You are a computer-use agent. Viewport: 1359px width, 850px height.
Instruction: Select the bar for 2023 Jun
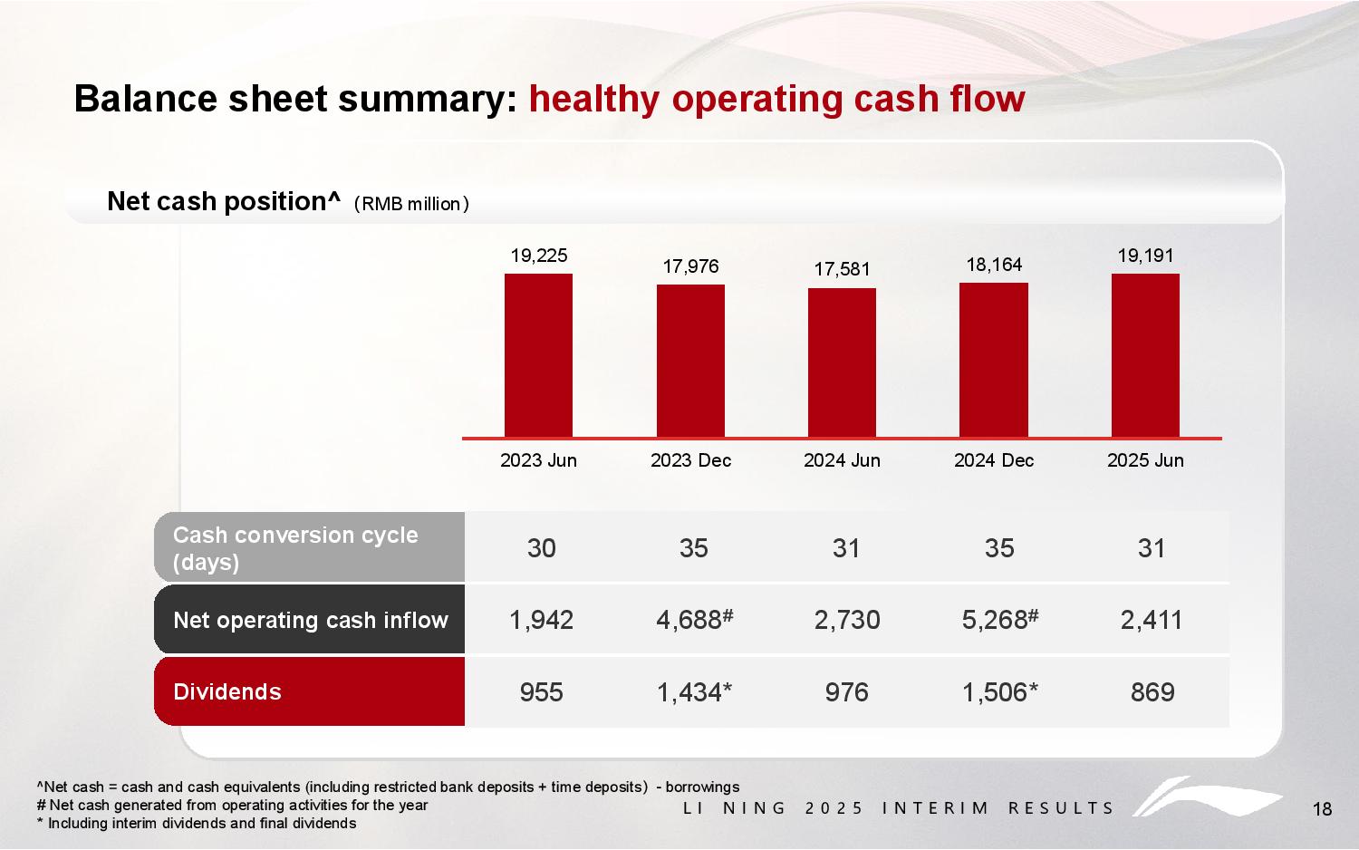click(538, 355)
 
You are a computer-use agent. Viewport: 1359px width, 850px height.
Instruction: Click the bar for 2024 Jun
click(842, 362)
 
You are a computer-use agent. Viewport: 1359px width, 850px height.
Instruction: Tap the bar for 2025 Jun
click(1145, 355)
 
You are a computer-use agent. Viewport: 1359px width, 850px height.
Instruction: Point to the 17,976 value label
click(690, 266)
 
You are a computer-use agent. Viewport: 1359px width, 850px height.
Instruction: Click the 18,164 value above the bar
click(994, 264)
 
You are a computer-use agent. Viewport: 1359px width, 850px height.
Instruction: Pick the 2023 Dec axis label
click(690, 460)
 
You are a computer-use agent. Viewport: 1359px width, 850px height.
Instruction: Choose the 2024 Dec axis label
click(994, 460)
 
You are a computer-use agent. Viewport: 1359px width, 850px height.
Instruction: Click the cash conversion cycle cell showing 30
click(542, 547)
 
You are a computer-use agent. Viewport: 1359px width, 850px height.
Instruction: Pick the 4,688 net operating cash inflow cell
click(693, 620)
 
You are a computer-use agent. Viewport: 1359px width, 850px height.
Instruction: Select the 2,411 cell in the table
click(1152, 620)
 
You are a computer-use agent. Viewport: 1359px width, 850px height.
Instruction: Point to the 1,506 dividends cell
click(999, 692)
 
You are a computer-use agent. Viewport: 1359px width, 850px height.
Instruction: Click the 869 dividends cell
click(1152, 692)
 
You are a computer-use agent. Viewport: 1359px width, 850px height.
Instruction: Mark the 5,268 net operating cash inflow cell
click(999, 620)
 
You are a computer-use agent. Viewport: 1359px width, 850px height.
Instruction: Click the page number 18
click(1322, 809)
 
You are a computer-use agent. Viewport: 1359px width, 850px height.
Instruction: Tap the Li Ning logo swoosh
click(1205, 798)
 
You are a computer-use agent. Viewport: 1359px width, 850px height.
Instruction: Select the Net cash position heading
click(223, 201)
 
